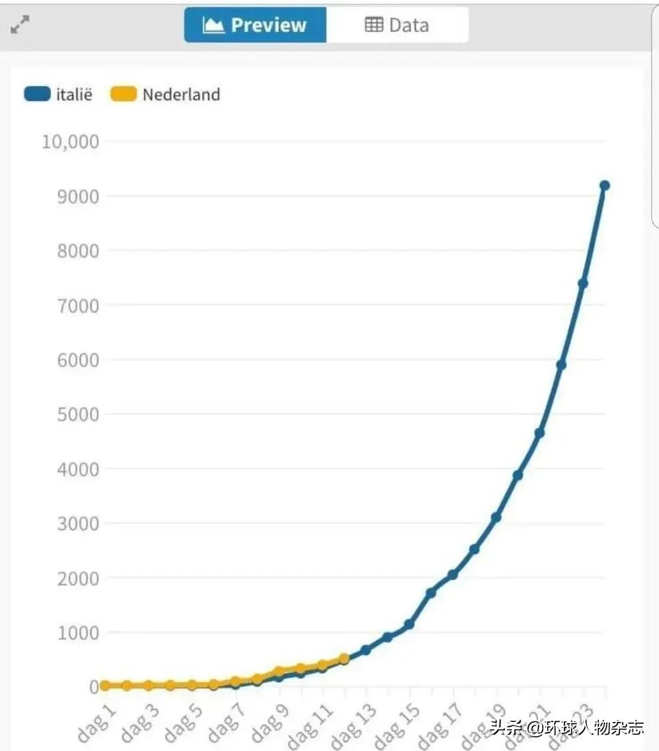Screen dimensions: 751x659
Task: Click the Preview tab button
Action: (x=255, y=25)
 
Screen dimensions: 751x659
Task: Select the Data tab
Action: (x=397, y=25)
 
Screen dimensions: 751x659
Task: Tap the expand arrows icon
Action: (x=20, y=25)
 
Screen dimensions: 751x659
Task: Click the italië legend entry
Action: (x=59, y=95)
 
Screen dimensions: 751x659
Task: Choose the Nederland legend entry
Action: (x=166, y=95)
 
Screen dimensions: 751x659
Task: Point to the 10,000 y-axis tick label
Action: (x=70, y=142)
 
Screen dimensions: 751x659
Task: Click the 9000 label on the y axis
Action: (x=79, y=197)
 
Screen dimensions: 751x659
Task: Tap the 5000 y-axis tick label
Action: (x=79, y=414)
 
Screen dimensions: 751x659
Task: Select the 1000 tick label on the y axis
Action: (x=79, y=632)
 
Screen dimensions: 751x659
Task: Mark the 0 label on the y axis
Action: (x=94, y=687)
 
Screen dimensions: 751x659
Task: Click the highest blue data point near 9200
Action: (x=605, y=185)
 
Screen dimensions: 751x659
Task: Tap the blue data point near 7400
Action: (x=582, y=284)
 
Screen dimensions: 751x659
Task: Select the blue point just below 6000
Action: (x=561, y=365)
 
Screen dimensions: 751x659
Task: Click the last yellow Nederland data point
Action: (x=344, y=659)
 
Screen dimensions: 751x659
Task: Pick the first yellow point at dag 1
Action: (x=105, y=685)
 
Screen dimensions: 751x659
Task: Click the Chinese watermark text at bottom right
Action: (x=567, y=728)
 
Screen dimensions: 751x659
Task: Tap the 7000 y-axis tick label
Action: (x=79, y=305)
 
